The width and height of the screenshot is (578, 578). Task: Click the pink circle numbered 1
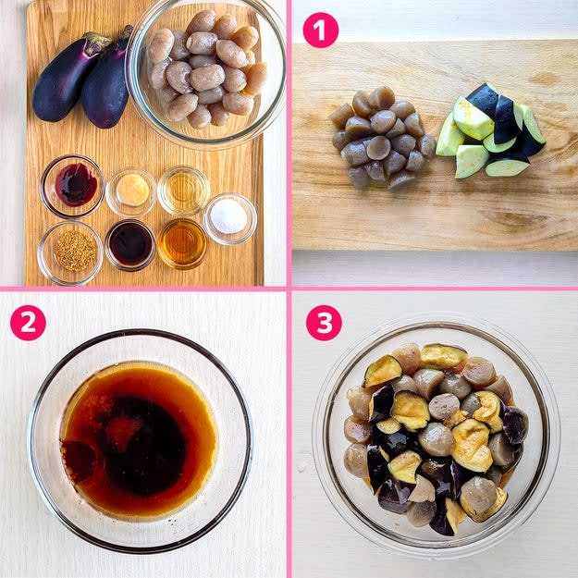(x=320, y=30)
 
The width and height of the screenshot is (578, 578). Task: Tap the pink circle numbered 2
(x=28, y=323)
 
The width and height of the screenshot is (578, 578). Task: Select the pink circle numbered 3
(x=324, y=323)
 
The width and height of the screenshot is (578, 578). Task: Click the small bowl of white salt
(x=230, y=219)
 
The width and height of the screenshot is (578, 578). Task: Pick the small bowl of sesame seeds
(x=70, y=252)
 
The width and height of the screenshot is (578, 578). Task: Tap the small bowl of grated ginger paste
(x=131, y=191)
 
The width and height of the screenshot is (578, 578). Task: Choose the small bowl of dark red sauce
(x=73, y=186)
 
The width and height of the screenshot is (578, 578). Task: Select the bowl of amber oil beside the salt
(x=182, y=243)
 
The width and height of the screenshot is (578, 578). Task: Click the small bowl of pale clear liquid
(x=184, y=191)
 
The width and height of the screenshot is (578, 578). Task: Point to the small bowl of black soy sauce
(x=130, y=245)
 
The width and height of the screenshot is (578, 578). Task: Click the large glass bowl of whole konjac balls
(x=206, y=73)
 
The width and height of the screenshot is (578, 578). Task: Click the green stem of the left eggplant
(x=96, y=42)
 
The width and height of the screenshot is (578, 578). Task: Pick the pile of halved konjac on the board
(x=383, y=138)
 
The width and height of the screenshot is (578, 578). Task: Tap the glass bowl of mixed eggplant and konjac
(x=437, y=438)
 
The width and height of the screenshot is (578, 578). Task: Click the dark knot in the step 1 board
(x=545, y=79)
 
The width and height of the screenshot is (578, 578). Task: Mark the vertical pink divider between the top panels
(x=289, y=143)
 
